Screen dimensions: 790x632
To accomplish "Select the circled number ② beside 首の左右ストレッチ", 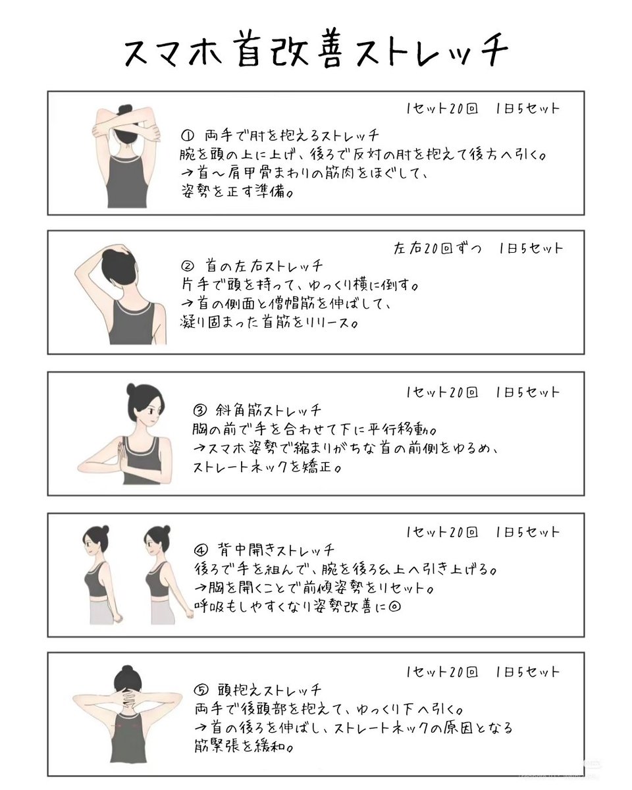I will tap(187, 267).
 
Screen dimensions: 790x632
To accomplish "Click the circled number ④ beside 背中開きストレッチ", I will tap(201, 549).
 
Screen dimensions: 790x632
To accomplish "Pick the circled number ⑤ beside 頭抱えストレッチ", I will tap(201, 691).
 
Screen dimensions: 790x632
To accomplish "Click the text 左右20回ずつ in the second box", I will tap(437, 249).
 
